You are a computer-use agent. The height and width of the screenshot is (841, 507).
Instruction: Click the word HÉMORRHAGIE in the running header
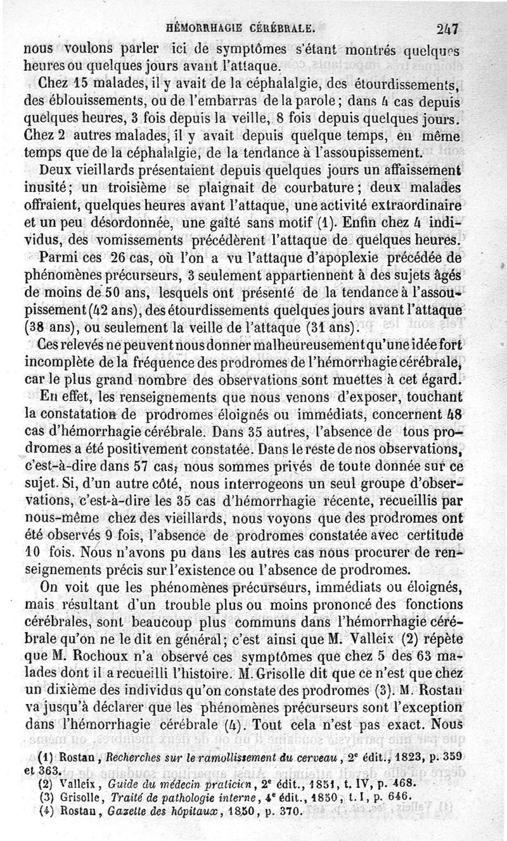pyautogui.click(x=204, y=28)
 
